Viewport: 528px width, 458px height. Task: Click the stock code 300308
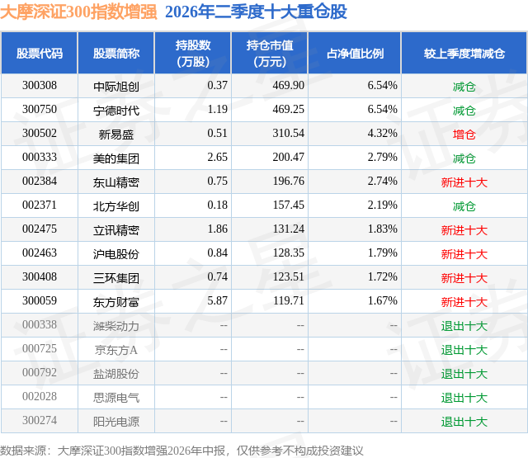(x=40, y=86)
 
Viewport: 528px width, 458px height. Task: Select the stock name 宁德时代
(x=116, y=110)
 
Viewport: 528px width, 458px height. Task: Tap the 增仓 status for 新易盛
(x=464, y=135)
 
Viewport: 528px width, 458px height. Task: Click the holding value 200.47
(x=288, y=158)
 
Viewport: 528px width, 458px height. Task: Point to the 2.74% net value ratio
(x=383, y=182)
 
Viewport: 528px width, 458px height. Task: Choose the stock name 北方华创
(x=116, y=205)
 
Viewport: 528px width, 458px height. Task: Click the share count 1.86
(x=218, y=229)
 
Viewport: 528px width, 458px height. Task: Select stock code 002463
(x=40, y=253)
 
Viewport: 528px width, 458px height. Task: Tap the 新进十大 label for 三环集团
(x=464, y=278)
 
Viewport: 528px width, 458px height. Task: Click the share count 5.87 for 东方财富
(x=218, y=300)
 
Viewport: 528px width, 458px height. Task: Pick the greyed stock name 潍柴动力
(x=116, y=326)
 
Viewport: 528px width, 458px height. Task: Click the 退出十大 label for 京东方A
(x=464, y=350)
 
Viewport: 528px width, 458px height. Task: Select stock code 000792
(x=40, y=372)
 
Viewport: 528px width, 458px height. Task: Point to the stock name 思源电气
(x=116, y=398)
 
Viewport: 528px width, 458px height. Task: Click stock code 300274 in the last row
(x=40, y=420)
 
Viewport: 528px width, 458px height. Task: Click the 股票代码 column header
(x=40, y=53)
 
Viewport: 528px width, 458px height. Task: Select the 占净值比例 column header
(x=356, y=53)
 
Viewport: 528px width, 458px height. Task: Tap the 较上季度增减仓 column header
(x=464, y=53)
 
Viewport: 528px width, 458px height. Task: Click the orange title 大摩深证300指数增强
(x=78, y=12)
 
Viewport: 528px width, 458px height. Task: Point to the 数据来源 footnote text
(x=181, y=451)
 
